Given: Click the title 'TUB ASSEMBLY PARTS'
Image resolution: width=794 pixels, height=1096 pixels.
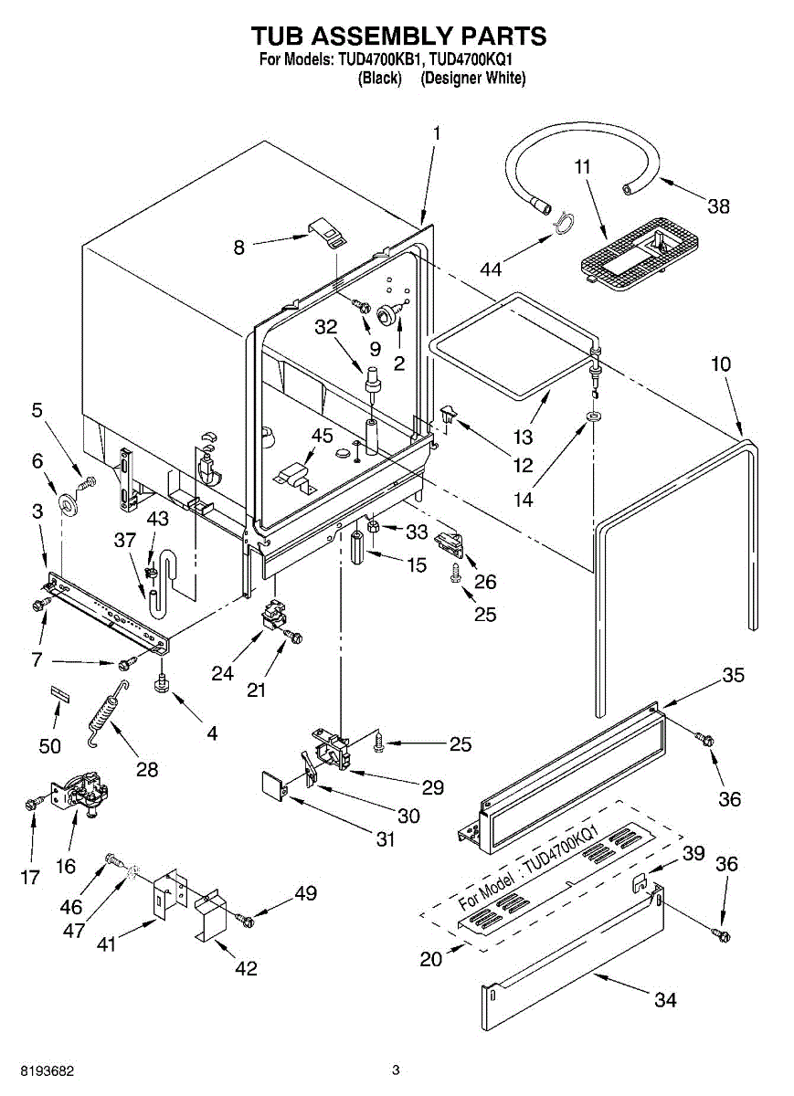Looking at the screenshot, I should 398,37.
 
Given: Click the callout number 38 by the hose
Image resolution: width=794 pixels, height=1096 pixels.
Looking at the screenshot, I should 718,205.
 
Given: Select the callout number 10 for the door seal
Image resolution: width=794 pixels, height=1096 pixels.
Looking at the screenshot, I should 721,364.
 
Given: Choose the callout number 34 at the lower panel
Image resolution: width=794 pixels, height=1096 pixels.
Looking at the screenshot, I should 665,1000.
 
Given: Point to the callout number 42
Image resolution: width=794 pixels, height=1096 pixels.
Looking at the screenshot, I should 246,969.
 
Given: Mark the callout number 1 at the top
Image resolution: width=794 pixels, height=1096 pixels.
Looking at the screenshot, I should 436,133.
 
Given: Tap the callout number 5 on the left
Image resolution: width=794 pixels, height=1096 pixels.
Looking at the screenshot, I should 37,411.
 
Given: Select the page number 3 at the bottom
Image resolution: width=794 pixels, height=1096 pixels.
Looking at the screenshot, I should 396,1070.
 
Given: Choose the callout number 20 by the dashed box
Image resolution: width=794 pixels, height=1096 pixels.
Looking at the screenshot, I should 430,959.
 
